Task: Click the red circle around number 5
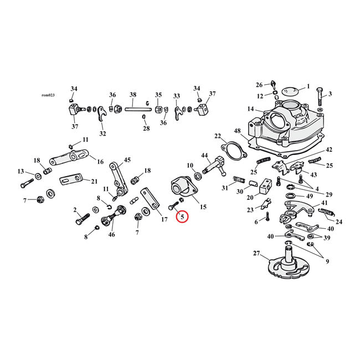click(182, 216)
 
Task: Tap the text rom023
click(49, 95)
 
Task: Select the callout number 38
click(133, 95)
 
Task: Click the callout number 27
click(256, 253)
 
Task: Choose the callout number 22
click(218, 136)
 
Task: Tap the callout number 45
click(127, 161)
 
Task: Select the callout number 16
click(100, 162)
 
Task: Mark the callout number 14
click(251, 109)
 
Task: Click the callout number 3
click(330, 94)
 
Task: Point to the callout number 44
click(204, 155)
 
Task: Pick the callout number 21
click(94, 181)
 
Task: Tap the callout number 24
click(339, 222)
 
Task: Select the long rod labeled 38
click(133, 109)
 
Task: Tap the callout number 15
click(203, 207)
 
